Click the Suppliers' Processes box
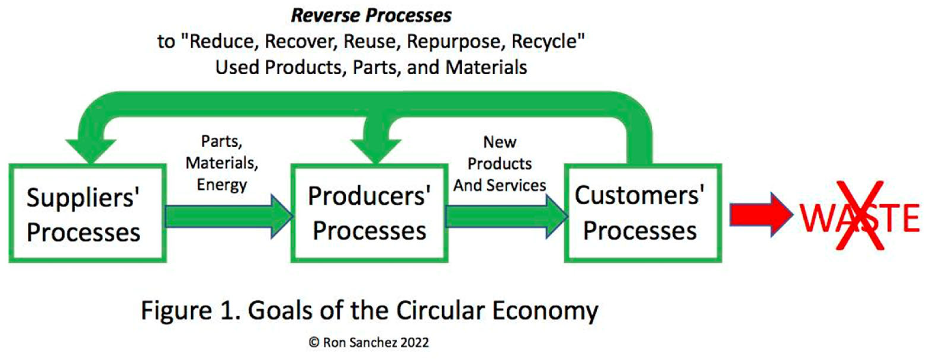click(87, 214)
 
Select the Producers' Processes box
click(369, 214)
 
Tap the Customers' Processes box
click(643, 214)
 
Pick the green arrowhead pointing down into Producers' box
click(376, 151)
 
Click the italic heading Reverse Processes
click(371, 16)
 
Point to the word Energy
click(222, 185)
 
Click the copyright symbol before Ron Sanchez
click(314, 342)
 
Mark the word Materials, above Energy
click(222, 163)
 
